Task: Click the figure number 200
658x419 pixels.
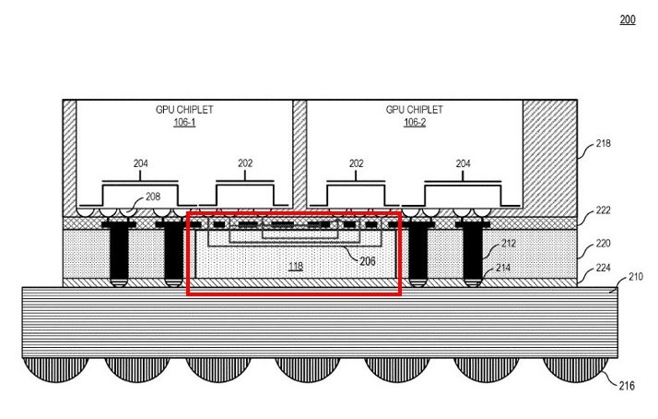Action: tap(628, 19)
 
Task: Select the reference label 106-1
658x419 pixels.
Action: tap(184, 122)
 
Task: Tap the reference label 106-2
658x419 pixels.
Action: tap(414, 122)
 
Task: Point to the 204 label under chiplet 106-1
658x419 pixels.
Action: tap(140, 163)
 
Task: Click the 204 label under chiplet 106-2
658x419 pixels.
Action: tap(463, 163)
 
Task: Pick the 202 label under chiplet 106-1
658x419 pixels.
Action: tap(245, 163)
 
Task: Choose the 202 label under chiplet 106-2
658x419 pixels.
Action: tap(356, 163)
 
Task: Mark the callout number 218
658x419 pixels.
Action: tap(603, 144)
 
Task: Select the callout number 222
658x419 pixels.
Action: tap(603, 211)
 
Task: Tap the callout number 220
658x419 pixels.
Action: tap(603, 247)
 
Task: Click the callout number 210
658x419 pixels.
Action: tap(635, 276)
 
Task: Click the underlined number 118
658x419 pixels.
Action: tap(295, 266)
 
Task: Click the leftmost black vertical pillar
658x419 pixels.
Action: tap(118, 252)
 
